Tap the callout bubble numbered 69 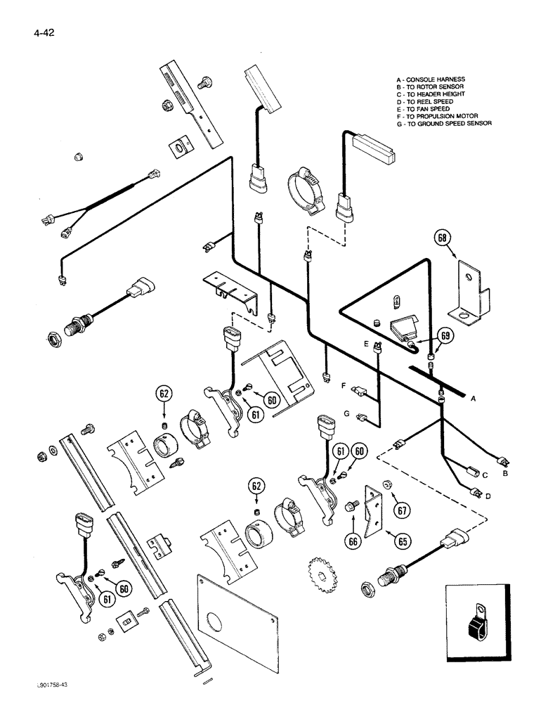(443, 335)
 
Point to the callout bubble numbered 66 (351, 541)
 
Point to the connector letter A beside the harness (473, 399)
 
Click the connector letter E (365, 344)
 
